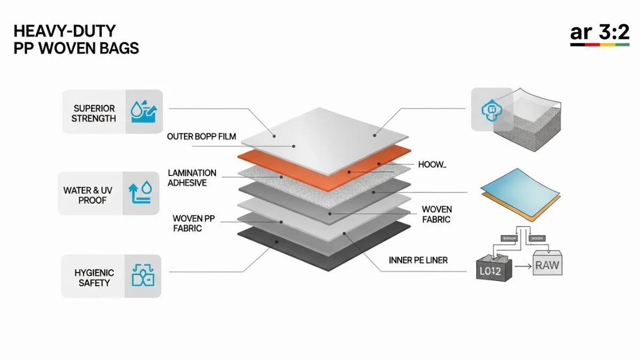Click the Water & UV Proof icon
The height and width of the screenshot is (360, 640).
141,193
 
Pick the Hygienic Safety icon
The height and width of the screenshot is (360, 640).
142,276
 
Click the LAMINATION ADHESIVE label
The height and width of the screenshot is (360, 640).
192,178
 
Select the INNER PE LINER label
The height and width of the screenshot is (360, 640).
418,260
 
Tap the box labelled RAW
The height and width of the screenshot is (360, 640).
548,264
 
